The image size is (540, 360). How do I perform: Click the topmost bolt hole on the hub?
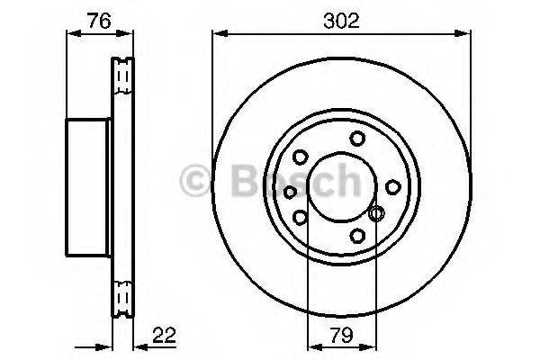(x=358, y=138)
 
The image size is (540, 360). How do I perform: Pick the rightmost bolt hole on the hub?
(x=392, y=186)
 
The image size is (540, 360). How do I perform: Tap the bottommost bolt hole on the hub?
(x=357, y=236)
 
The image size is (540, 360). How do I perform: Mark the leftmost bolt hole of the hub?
(x=290, y=190)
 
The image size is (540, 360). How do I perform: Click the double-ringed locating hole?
(x=377, y=213)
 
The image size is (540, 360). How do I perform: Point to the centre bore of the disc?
(x=340, y=187)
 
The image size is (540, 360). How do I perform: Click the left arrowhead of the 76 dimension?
(x=73, y=34)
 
